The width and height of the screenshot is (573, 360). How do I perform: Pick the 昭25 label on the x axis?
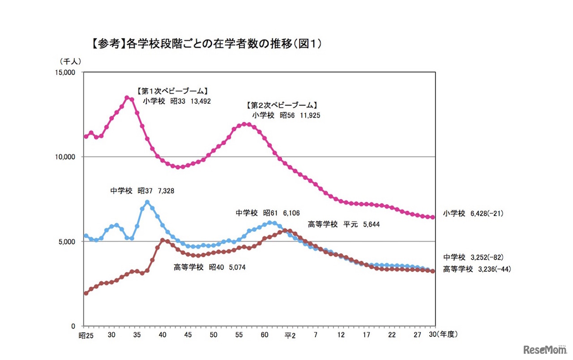(x=86, y=334)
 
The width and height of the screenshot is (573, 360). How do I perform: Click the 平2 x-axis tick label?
(x=290, y=334)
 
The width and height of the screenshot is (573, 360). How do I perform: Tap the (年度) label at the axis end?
(x=446, y=334)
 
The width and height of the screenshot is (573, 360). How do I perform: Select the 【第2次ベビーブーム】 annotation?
(x=282, y=106)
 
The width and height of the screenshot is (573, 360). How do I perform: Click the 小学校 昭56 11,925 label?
(x=286, y=115)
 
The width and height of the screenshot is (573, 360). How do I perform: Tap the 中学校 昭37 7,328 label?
(x=142, y=191)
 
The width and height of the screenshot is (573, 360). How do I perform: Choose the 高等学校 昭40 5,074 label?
(x=210, y=267)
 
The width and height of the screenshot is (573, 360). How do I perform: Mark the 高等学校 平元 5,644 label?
(x=343, y=224)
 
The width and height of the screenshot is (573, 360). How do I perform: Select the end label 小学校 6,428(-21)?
(x=473, y=214)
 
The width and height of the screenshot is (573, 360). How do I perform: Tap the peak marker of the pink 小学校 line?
(x=127, y=97)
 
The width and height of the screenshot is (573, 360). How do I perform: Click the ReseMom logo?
(x=544, y=350)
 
